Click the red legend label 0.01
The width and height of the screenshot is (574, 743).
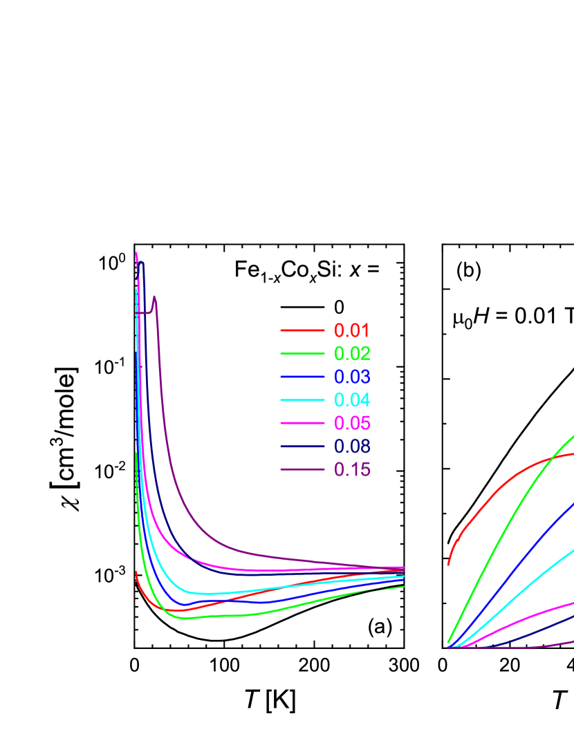click(x=352, y=330)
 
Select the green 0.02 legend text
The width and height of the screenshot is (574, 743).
click(x=352, y=354)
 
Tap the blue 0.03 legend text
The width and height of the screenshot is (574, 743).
click(x=352, y=377)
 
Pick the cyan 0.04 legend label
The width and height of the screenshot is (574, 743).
click(x=352, y=400)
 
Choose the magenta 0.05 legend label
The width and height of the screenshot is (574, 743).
click(x=352, y=423)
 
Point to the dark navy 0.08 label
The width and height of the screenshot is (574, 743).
click(x=352, y=446)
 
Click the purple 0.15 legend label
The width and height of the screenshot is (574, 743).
click(x=352, y=469)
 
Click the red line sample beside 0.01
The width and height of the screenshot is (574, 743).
click(x=302, y=330)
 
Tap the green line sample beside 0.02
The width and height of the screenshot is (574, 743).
click(x=302, y=354)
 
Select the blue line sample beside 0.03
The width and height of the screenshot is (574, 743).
click(x=302, y=377)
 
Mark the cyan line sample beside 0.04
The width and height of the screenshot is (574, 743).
click(x=302, y=400)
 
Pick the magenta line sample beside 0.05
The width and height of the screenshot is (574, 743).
click(x=302, y=423)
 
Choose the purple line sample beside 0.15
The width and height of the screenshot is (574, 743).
click(x=302, y=469)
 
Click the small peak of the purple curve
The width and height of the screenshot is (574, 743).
click(x=155, y=297)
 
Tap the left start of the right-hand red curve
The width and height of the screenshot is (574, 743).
click(x=448, y=565)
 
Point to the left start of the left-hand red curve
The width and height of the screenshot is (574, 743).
click(x=136, y=572)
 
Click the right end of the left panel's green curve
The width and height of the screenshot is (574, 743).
click(x=404, y=586)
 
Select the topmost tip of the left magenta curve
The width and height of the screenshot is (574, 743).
click(x=136, y=253)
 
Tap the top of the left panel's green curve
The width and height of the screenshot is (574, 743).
click(x=136, y=454)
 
